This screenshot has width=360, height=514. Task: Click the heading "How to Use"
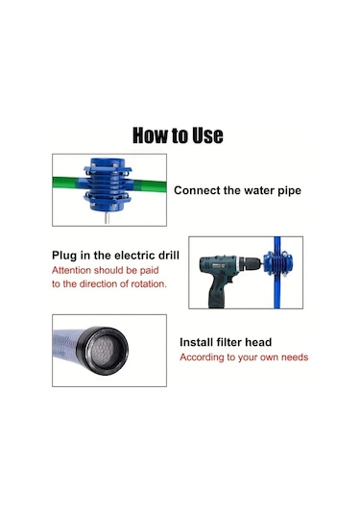(178, 135)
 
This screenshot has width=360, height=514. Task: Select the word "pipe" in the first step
(290, 191)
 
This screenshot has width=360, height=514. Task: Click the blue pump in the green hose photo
(108, 184)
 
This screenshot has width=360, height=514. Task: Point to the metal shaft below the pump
(107, 217)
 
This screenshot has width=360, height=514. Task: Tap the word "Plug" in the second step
(64, 256)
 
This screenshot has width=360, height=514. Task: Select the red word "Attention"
(71, 270)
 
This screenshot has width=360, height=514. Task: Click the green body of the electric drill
(218, 265)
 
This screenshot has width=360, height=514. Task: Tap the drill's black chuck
(250, 264)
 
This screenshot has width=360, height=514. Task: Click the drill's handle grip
(216, 293)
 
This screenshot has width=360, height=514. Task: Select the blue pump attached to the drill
(278, 263)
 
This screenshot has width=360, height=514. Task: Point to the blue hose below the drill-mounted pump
(277, 292)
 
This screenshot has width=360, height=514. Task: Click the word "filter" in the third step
(229, 342)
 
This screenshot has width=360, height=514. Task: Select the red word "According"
(199, 357)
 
